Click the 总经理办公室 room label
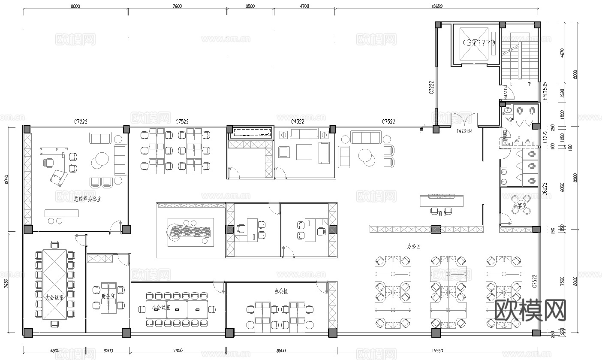tap(87, 199)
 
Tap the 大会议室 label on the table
tap(54, 297)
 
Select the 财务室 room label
tap(107, 296)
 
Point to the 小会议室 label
tap(161, 308)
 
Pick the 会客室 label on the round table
tap(520, 205)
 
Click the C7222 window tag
tap(80, 122)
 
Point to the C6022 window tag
tap(544, 189)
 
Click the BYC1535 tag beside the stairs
tap(545, 91)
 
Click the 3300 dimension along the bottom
tap(108, 351)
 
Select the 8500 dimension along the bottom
tap(281, 351)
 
